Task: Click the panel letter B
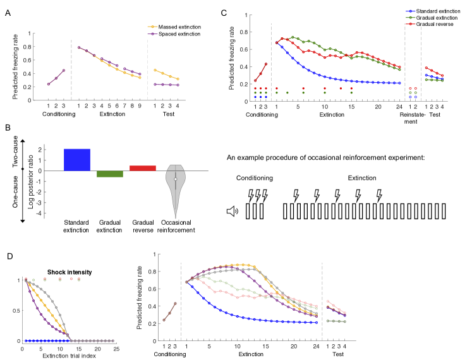[x=7, y=129]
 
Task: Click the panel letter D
[x=7, y=257]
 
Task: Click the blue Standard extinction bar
[x=77, y=160]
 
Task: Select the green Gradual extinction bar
[x=110, y=174]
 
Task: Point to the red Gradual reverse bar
[x=142, y=168]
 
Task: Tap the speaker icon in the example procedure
[x=232, y=211]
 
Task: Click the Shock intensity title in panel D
[x=70, y=272]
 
